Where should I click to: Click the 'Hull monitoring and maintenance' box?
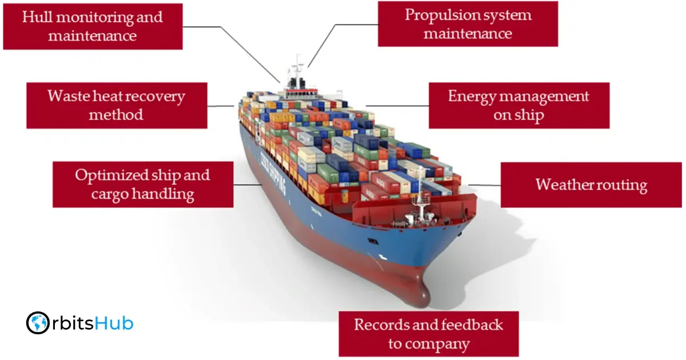pyautogui.click(x=93, y=26)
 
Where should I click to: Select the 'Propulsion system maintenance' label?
pyautogui.click(x=468, y=24)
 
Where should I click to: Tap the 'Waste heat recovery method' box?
pyautogui.click(x=117, y=105)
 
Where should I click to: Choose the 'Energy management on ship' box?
pyautogui.click(x=519, y=105)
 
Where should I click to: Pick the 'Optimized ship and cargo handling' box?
pyautogui.click(x=143, y=184)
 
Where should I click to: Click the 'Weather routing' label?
pyautogui.click(x=592, y=185)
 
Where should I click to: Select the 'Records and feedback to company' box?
pyautogui.click(x=429, y=334)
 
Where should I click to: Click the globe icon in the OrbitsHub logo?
pyautogui.click(x=38, y=323)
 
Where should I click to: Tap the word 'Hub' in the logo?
pyautogui.click(x=115, y=323)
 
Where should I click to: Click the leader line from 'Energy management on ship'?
pyautogui.click(x=397, y=106)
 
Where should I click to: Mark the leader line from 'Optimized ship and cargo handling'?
pyautogui.click(x=249, y=185)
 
